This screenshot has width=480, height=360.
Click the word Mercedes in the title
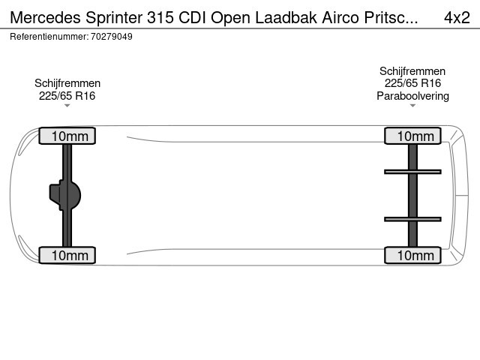click(x=45, y=17)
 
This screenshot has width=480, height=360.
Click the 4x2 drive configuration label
click(x=457, y=17)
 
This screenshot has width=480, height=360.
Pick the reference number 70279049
click(x=112, y=37)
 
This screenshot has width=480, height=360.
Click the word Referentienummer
click(x=49, y=37)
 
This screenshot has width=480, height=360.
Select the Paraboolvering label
click(x=412, y=96)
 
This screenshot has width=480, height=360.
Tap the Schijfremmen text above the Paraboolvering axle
click(x=412, y=71)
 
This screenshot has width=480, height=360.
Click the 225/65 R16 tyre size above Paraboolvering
click(x=412, y=83)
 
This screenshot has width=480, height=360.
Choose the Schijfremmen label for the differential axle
click(x=67, y=83)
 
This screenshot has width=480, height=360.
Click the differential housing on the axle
click(x=65, y=195)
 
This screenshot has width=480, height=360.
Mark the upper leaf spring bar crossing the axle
click(x=412, y=172)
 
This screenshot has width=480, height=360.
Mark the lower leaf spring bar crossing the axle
click(x=412, y=219)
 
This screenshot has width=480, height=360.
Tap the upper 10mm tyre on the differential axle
click(x=67, y=136)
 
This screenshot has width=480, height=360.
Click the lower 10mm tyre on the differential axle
click(x=67, y=255)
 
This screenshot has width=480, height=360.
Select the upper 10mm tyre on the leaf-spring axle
click(x=412, y=136)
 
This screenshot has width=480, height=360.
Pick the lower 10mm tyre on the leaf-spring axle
click(x=412, y=255)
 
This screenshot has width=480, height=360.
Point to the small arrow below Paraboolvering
click(x=412, y=106)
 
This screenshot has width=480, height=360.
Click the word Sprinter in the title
click(x=114, y=17)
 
